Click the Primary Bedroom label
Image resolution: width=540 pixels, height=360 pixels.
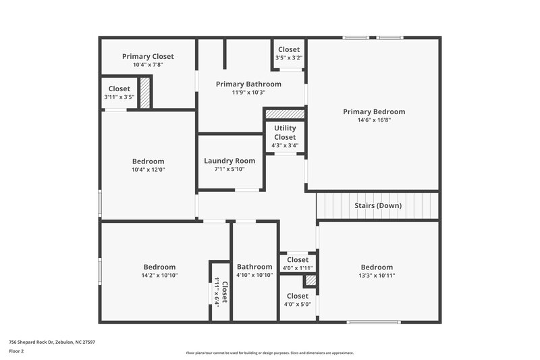373,111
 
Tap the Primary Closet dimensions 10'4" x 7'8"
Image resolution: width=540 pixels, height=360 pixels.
148,65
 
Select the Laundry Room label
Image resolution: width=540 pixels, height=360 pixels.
230,161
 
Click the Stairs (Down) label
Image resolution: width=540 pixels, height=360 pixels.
378,205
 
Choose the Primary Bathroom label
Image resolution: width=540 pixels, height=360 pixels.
248,84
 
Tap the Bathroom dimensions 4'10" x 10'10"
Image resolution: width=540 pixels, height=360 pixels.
254,275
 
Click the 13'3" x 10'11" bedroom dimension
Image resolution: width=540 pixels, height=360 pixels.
376,276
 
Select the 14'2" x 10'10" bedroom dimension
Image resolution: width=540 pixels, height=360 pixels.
159,276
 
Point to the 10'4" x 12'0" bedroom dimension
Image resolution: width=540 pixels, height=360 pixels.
148,170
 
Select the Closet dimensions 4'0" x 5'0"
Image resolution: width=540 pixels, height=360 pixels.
298,304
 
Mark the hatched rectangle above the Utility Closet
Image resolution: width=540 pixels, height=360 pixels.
284,114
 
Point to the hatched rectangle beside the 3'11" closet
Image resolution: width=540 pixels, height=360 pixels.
144,93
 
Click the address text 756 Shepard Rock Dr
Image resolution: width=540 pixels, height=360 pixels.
52,342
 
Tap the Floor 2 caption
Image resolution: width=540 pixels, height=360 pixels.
17,351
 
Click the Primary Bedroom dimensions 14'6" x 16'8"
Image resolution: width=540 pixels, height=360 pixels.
373,120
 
